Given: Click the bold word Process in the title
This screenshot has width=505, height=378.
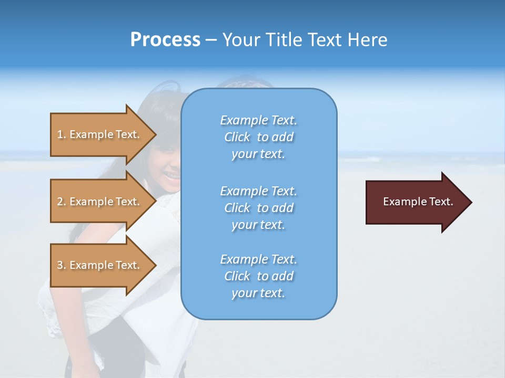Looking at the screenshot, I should (x=165, y=40).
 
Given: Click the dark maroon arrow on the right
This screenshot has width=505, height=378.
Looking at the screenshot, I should (x=416, y=202).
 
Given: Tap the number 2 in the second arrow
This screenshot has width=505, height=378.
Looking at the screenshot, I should (x=60, y=202).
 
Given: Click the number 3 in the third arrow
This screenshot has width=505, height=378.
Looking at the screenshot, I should (x=60, y=265).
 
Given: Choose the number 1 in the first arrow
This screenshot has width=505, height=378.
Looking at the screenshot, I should (x=60, y=134).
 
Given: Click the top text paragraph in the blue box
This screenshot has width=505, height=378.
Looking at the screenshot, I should (x=258, y=137).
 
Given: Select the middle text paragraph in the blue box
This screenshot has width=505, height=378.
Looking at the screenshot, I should (x=258, y=208).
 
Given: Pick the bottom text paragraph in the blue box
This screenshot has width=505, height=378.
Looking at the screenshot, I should (x=258, y=276).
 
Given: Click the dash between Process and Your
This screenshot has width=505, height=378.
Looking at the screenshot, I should (x=211, y=40).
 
